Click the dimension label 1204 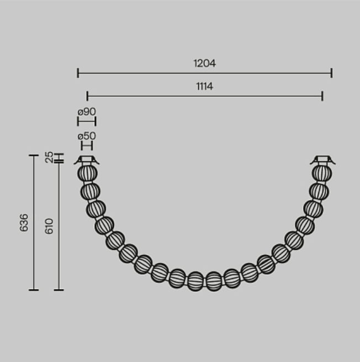[204, 63]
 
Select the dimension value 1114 [204, 86]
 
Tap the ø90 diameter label [87, 112]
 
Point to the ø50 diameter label [87, 136]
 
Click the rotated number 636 [24, 223]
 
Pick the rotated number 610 [49, 226]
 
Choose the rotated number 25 [49, 157]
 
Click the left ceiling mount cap [87, 160]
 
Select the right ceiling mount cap [322, 160]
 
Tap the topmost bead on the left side [87, 173]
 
